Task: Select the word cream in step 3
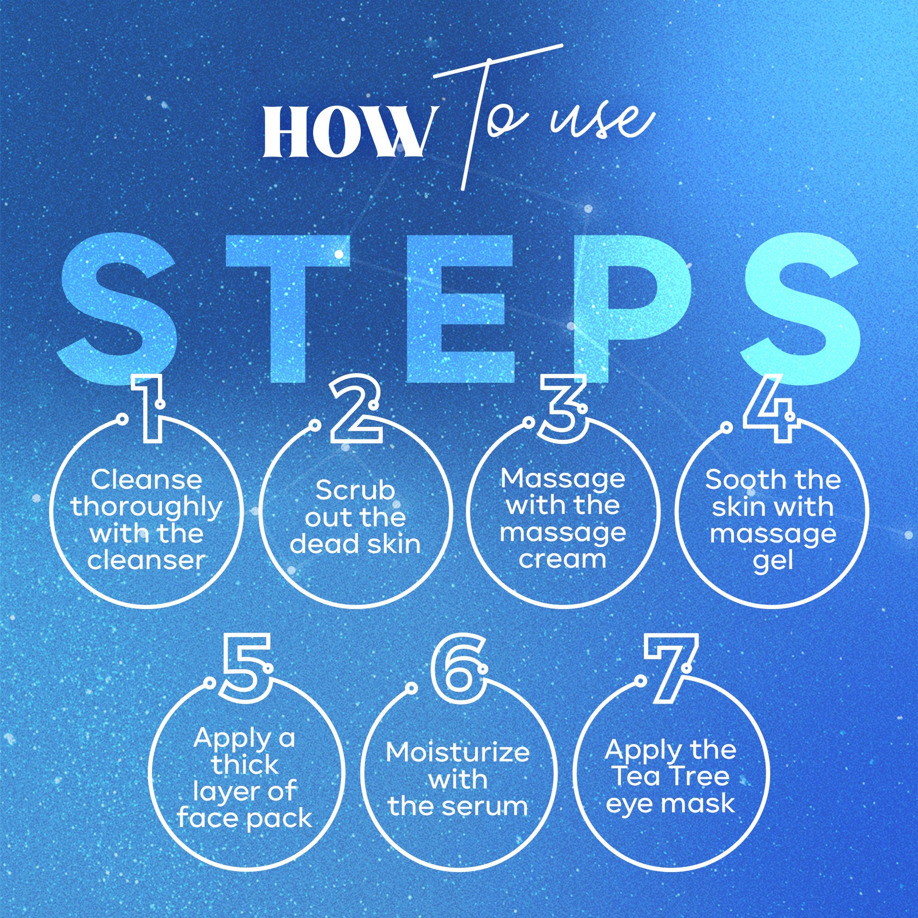coord(562,560)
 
